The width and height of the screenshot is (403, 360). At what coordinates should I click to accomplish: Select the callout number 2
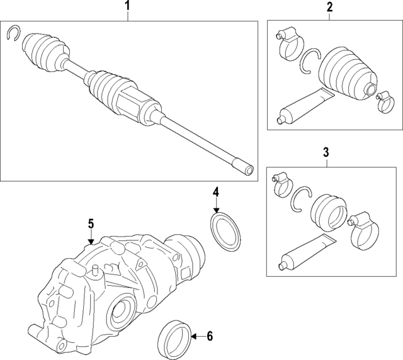click(x=329, y=7)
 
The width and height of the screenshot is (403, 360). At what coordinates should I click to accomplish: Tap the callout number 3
click(x=326, y=151)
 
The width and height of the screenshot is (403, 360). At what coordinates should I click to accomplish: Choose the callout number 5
click(x=91, y=223)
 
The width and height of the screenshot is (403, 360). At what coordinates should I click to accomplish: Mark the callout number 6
click(x=210, y=337)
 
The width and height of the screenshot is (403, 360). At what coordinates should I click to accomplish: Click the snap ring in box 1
click(x=14, y=33)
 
